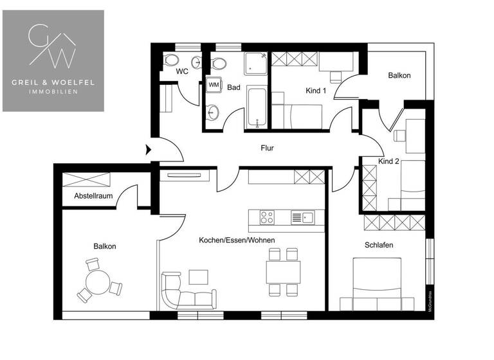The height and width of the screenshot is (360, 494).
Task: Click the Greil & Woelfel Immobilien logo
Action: (53, 60)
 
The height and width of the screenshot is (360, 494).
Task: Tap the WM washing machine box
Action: (214, 85)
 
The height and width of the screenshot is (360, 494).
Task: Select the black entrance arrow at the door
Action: (149, 150)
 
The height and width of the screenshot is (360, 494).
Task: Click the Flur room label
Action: (267, 148)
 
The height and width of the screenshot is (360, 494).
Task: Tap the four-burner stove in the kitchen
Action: (268, 217)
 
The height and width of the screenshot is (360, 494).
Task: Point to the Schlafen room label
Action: (379, 246)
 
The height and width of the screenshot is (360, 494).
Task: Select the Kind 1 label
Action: (315, 91)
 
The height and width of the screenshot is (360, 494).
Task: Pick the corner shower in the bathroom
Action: (255, 64)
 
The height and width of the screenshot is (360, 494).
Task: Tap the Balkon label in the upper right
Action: (399, 75)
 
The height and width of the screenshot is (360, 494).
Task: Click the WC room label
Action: (182, 71)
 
